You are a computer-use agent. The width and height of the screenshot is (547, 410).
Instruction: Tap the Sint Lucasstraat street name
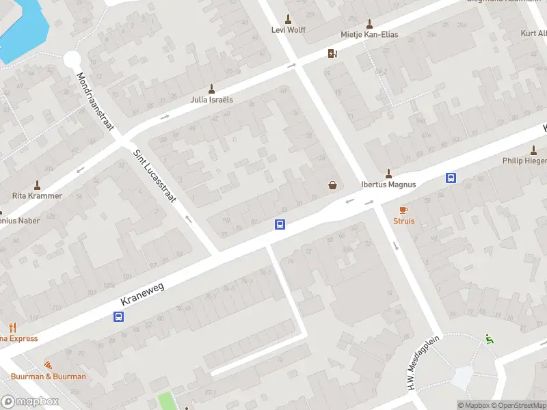tap(155, 176)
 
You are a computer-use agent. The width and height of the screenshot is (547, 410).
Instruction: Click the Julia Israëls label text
tap(211, 99)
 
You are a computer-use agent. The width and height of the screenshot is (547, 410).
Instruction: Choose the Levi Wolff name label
tap(288, 29)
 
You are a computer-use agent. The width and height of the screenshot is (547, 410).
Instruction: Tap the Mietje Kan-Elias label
tap(369, 34)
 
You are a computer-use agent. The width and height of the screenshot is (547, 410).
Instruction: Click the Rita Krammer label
tap(37, 195)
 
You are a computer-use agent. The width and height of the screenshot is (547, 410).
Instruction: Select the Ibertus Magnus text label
tap(388, 184)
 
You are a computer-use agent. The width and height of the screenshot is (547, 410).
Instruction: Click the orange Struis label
tap(403, 221)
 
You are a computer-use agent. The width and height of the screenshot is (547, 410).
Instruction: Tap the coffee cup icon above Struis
tap(403, 210)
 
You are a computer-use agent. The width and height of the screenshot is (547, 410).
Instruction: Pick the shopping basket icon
tap(333, 184)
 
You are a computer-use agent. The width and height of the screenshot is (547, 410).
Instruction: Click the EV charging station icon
tap(332, 54)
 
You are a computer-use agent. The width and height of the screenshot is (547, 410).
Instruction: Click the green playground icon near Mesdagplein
tap(488, 338)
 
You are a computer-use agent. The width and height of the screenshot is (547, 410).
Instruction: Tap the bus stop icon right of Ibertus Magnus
tap(451, 178)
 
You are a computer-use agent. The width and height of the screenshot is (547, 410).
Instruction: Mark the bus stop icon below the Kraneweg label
tap(118, 316)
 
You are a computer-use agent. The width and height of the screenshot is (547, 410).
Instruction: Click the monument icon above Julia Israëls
tap(211, 88)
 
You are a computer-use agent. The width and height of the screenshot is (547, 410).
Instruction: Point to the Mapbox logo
tap(30, 401)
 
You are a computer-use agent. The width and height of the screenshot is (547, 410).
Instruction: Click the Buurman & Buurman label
tap(48, 377)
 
